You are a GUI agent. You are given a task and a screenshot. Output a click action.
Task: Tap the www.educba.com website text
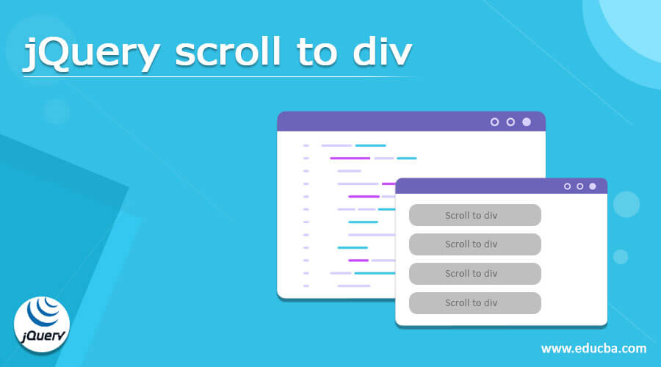coord(593,348)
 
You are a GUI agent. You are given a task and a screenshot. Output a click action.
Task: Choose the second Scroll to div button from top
coord(474,244)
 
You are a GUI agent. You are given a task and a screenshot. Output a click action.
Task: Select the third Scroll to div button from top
coord(474,274)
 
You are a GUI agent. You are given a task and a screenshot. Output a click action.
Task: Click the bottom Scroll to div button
coord(474,303)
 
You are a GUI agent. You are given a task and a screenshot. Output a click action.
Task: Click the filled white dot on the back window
coord(527,122)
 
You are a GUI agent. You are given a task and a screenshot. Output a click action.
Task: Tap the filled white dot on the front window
coord(593,186)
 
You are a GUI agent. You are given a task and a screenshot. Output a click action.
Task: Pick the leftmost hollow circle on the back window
coord(494,122)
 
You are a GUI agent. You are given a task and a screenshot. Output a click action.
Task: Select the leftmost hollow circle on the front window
coord(567,186)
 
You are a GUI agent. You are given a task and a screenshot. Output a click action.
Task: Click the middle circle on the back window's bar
coord(510,122)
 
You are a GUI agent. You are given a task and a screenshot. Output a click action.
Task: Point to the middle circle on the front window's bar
coord(579,186)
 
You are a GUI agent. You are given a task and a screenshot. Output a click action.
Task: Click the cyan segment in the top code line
coord(370,145)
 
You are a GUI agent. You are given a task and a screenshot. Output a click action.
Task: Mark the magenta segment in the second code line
coord(350,158)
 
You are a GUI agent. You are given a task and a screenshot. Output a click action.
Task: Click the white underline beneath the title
coord(220,76)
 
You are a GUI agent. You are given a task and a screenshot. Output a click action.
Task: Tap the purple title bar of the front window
coord(477,186)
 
